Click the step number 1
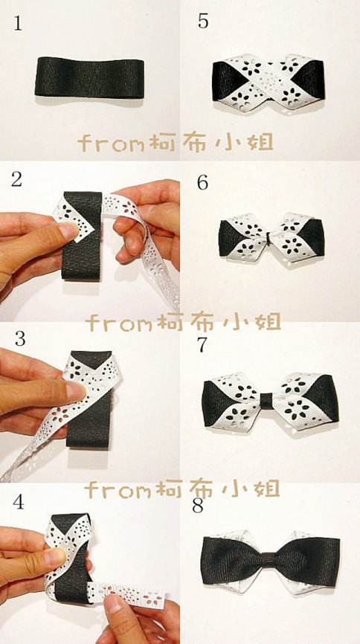point(18,24)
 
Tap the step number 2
point(16,180)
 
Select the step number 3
point(20,339)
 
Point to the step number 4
point(18,502)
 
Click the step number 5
point(203,22)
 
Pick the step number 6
point(202,183)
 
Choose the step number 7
point(202,345)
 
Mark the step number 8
point(198,506)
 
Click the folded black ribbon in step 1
point(89,77)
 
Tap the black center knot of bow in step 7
point(267,401)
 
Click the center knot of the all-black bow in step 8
point(270,561)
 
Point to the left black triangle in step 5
point(225,80)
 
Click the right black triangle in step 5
point(312,80)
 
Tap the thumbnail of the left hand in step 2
point(68,231)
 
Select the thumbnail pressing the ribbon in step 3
point(76,391)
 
